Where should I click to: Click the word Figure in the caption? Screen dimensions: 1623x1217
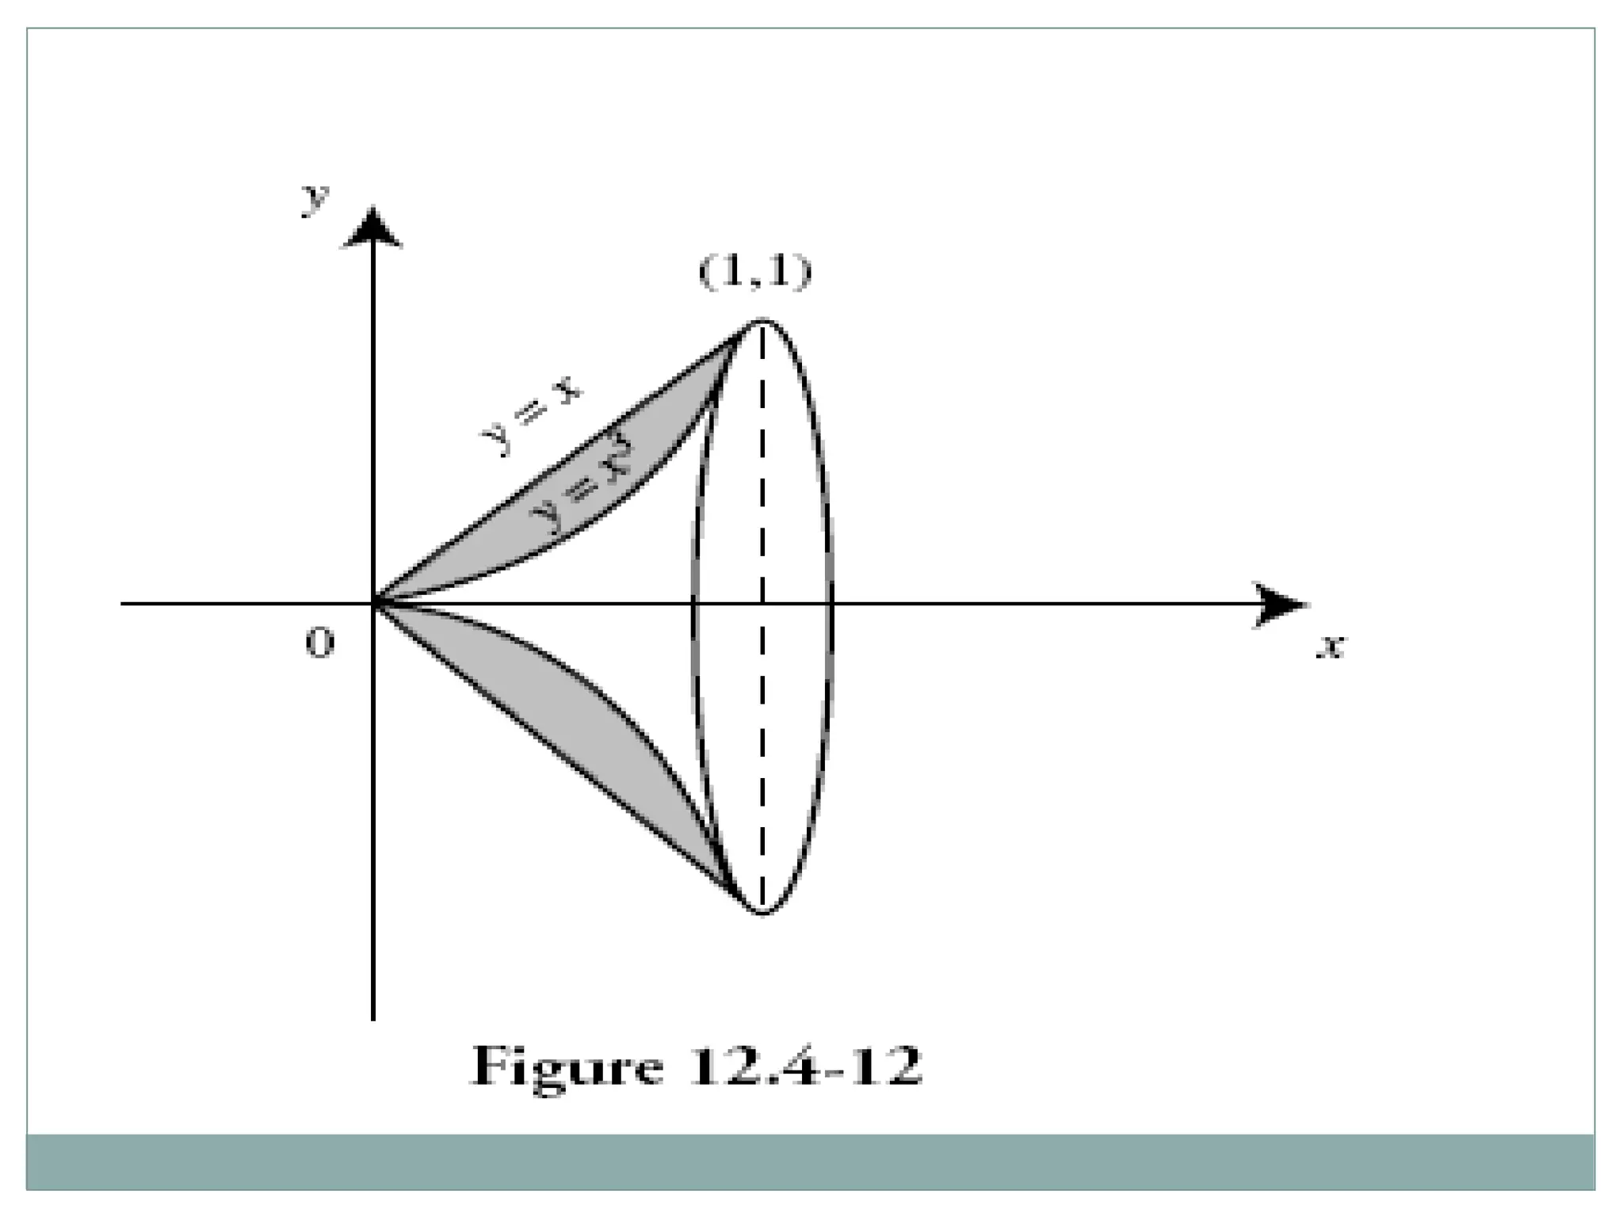[567, 1066]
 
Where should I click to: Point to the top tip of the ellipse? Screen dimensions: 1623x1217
[762, 319]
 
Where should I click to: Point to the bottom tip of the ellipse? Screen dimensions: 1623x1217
[762, 914]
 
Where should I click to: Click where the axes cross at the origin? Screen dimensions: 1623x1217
[373, 604]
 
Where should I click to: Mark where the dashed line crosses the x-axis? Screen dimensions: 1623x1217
[762, 604]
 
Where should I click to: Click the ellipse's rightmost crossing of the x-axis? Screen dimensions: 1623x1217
[831, 604]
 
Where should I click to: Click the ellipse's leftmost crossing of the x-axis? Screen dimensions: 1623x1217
[695, 604]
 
